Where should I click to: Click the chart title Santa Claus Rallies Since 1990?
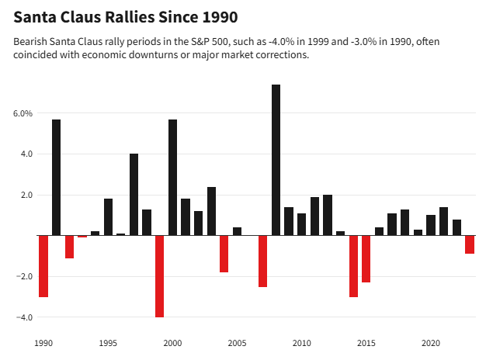point(126,16)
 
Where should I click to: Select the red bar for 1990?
point(43,266)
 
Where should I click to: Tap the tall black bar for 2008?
point(276,160)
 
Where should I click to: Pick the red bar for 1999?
point(159,276)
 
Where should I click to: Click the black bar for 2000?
point(172,178)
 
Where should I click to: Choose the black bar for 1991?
point(56,178)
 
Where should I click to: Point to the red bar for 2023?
point(469,244)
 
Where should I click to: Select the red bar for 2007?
point(262,261)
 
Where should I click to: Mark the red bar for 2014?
point(353,266)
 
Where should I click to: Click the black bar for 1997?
point(134,195)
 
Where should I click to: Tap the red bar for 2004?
point(224,254)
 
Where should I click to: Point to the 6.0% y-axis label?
point(23,113)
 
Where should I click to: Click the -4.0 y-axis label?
point(23,317)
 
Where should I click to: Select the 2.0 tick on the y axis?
point(26,195)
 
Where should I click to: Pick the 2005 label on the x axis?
point(237,342)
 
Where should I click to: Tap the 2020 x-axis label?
point(430,342)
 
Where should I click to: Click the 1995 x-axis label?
point(108,342)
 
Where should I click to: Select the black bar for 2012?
point(328,215)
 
